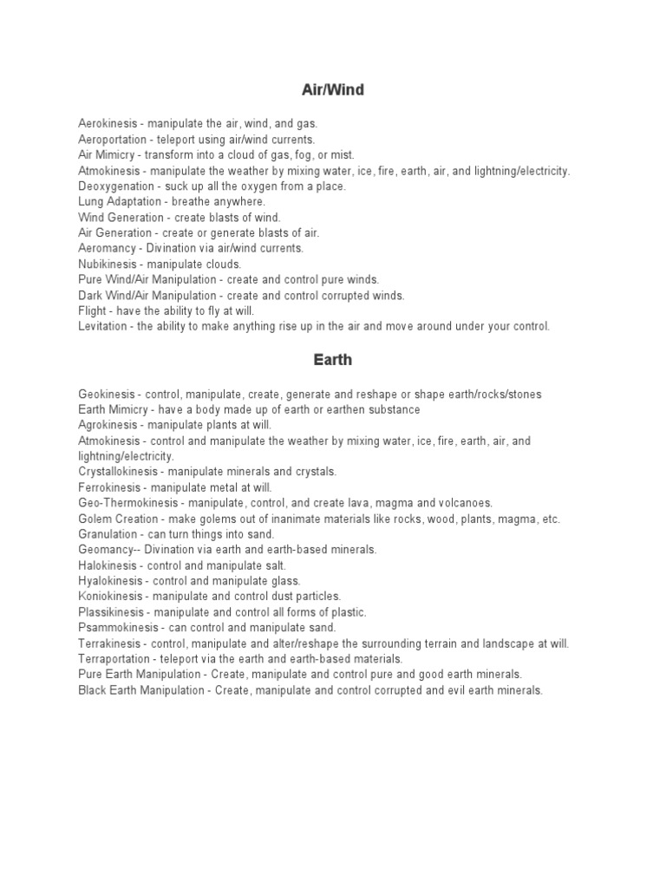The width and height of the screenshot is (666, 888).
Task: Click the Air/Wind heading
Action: (x=333, y=91)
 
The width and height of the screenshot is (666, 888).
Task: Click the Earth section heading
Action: (x=333, y=360)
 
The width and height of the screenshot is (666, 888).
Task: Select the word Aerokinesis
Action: (x=107, y=124)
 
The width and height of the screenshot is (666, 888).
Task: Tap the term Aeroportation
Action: (x=110, y=140)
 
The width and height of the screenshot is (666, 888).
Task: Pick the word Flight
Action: (x=92, y=311)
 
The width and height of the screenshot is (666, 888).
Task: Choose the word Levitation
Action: (x=101, y=327)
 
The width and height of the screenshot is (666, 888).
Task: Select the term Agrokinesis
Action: (x=108, y=426)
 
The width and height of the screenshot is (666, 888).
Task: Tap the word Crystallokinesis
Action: (x=117, y=472)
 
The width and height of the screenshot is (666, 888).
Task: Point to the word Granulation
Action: (x=108, y=534)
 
